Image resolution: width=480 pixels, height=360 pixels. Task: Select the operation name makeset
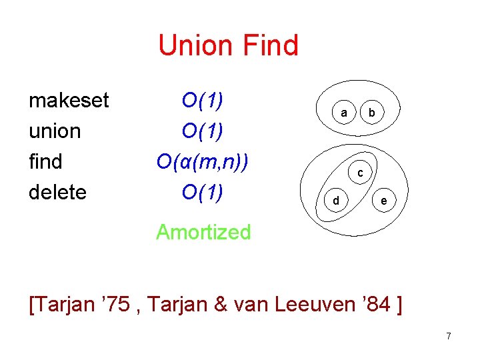coord(69,101)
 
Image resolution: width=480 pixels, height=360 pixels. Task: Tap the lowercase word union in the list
coord(55,131)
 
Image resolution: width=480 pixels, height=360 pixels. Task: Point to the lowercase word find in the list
coord(45,161)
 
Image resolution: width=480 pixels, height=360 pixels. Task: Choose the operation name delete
coord(58,192)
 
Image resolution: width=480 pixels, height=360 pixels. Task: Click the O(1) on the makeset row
coord(202,101)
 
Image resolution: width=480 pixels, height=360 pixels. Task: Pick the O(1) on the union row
coord(202,131)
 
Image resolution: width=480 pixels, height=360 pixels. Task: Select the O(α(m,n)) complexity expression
coord(203,162)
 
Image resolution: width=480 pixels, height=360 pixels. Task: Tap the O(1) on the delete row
coord(202,192)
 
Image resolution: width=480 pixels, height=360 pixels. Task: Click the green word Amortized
coord(203,232)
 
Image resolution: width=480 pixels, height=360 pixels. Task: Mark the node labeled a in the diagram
coord(344,113)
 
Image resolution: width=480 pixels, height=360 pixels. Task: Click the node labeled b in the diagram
coord(372,113)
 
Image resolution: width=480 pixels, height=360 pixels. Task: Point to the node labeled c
coord(360,173)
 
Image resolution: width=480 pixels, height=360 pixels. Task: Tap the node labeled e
coord(383,200)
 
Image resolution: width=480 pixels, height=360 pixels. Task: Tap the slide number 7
coord(449,336)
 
